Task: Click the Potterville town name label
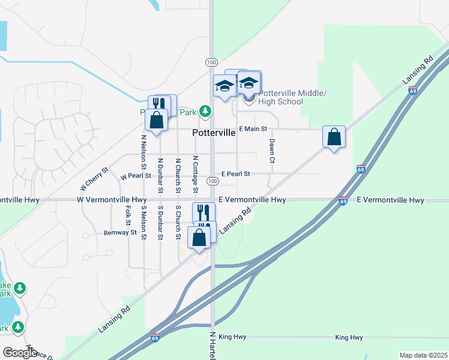click(x=214, y=134)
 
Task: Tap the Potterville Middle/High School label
click(x=292, y=97)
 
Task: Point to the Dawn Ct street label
click(x=272, y=151)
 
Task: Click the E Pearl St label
click(x=235, y=174)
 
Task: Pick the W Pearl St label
click(x=136, y=177)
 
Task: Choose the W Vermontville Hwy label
click(x=112, y=200)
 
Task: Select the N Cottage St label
click(x=196, y=174)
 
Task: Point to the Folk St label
click(x=128, y=217)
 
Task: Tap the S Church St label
click(x=178, y=223)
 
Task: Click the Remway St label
click(x=121, y=232)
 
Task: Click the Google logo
click(x=20, y=353)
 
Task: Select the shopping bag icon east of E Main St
click(x=334, y=137)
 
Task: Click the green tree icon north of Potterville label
click(x=206, y=110)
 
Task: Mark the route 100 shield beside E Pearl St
click(x=212, y=181)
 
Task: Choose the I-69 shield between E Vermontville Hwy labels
click(x=342, y=201)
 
